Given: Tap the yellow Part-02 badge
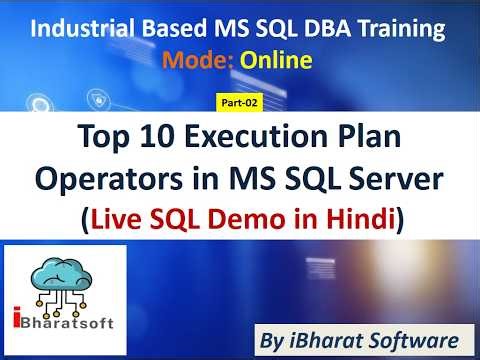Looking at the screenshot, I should click(x=240, y=102).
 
